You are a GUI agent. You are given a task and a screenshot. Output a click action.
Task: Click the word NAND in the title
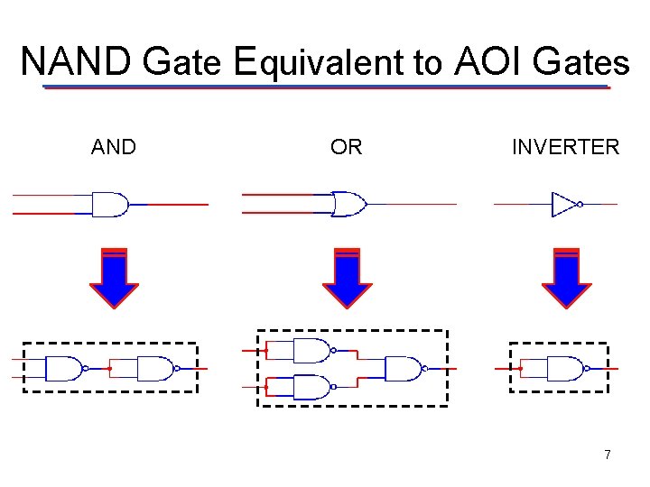pyautogui.click(x=77, y=62)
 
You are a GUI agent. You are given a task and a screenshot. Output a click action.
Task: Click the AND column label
pyautogui.click(x=114, y=147)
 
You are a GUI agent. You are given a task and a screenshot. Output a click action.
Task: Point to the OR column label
pyautogui.click(x=346, y=147)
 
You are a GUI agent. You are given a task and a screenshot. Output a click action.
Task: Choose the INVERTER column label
pyautogui.click(x=565, y=147)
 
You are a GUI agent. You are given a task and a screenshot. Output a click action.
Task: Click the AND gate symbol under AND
pyautogui.click(x=109, y=205)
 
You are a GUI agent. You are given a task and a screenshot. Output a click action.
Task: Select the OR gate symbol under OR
pyautogui.click(x=348, y=204)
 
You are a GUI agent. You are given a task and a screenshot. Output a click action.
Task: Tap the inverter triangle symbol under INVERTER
pyautogui.click(x=564, y=204)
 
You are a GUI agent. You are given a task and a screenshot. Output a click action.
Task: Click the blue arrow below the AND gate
pyautogui.click(x=114, y=278)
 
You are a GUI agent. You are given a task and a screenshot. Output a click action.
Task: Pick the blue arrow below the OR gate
pyautogui.click(x=348, y=278)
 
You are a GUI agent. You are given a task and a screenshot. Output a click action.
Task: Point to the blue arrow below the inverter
pyautogui.click(x=566, y=278)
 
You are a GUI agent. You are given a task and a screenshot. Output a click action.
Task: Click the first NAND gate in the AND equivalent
pyautogui.click(x=63, y=368)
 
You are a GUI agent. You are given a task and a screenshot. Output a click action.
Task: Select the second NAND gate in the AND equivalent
pyautogui.click(x=155, y=368)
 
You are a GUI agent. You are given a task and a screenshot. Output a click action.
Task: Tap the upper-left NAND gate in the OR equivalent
pyautogui.click(x=311, y=351)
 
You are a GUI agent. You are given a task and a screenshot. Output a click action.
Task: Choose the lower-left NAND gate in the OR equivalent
pyautogui.click(x=311, y=386)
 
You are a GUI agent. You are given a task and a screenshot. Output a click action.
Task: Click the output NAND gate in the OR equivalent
pyautogui.click(x=404, y=368)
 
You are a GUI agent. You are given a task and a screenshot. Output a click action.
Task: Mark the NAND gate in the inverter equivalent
pyautogui.click(x=564, y=368)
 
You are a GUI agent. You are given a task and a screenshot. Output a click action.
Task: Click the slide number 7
pyautogui.click(x=608, y=455)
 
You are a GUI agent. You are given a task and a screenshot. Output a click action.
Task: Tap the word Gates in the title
pyautogui.click(x=581, y=62)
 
